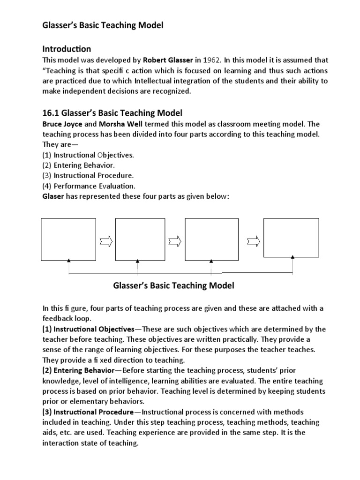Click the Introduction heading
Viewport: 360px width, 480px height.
pyautogui.click(x=67, y=49)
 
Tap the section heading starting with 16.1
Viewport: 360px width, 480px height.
pyautogui.click(x=112, y=113)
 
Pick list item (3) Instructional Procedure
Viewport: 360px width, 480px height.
pyautogui.click(x=88, y=176)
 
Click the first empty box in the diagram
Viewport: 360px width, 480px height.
pyautogui.click(x=69, y=239)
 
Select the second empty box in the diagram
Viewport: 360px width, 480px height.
pyautogui.click(x=137, y=239)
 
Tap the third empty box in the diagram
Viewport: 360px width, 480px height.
pyautogui.click(x=210, y=239)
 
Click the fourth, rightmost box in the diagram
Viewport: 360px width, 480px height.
pyautogui.click(x=292, y=237)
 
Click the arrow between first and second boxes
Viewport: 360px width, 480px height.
pyautogui.click(x=105, y=241)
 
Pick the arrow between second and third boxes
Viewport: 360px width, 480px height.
pyautogui.click(x=174, y=241)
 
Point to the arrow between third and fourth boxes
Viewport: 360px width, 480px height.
pyautogui.click(x=253, y=241)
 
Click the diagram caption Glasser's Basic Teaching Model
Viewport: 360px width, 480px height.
pyautogui.click(x=174, y=285)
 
